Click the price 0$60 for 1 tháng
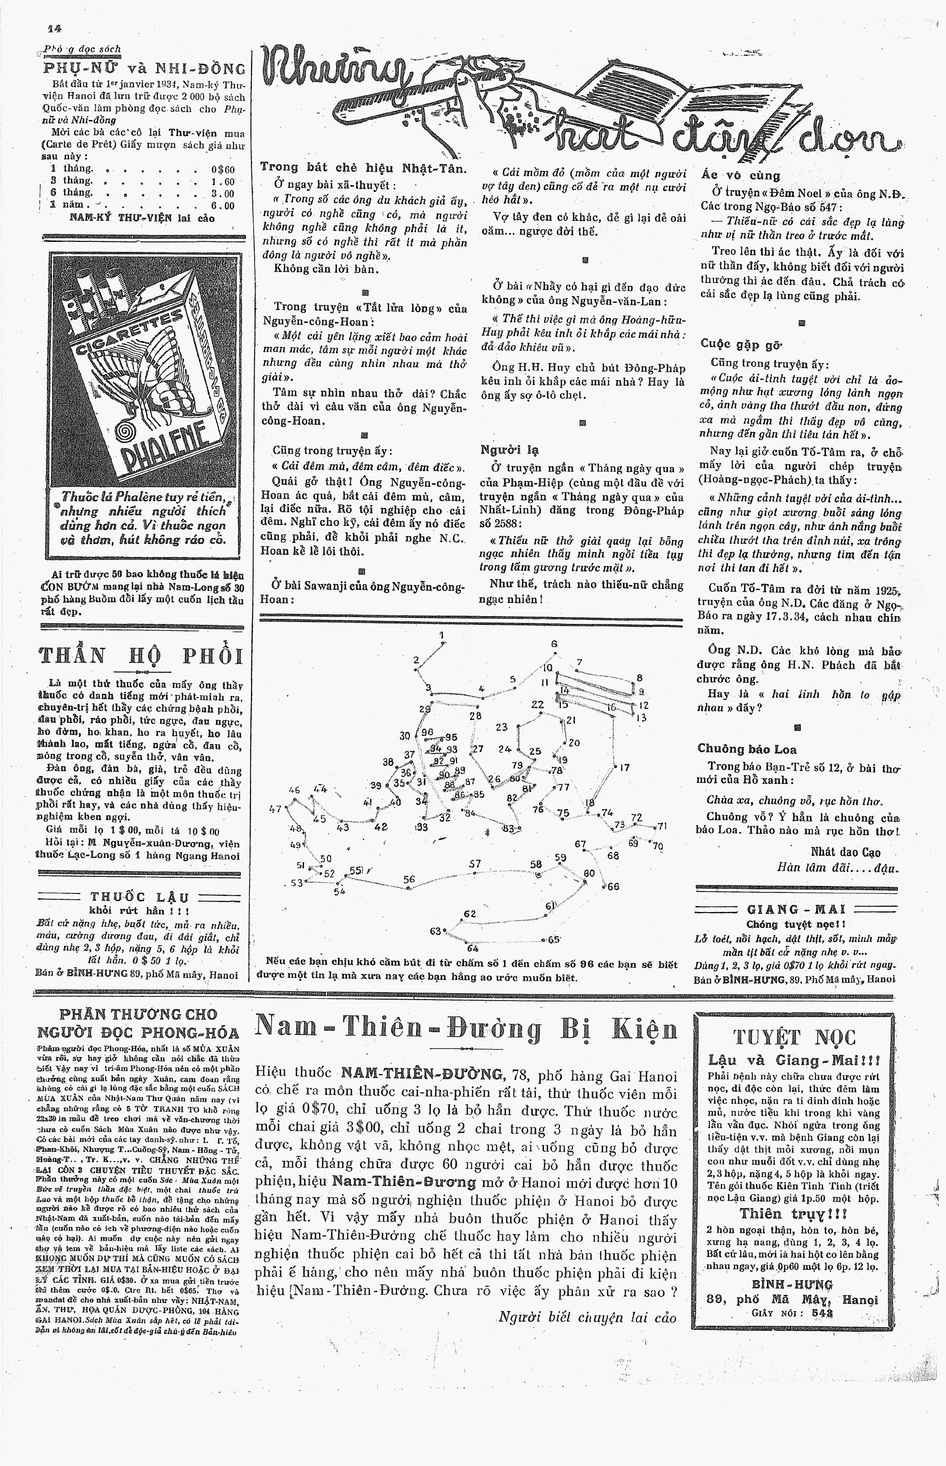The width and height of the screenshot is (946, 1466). [223, 170]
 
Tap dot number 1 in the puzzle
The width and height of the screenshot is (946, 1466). [444, 643]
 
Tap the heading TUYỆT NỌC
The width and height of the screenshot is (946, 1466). [794, 1037]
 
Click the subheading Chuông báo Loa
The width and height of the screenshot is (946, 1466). [746, 749]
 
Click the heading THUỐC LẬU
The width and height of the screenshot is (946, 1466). [140, 897]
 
